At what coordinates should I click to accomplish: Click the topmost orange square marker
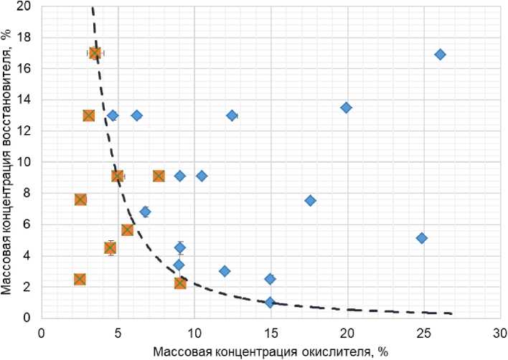pyautogui.click(x=95, y=54)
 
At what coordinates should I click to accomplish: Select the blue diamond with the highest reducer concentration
pyautogui.click(x=440, y=55)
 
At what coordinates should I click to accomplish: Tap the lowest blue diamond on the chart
pyautogui.click(x=270, y=303)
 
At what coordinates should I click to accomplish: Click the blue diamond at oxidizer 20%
pyautogui.click(x=346, y=108)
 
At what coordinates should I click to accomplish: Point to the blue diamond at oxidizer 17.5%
pyautogui.click(x=310, y=201)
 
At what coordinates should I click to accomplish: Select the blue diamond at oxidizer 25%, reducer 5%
pyautogui.click(x=422, y=238)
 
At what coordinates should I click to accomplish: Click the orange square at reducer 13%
pyautogui.click(x=89, y=115)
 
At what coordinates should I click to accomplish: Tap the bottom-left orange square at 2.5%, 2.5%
pyautogui.click(x=80, y=279)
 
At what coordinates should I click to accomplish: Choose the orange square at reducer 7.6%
pyautogui.click(x=80, y=199)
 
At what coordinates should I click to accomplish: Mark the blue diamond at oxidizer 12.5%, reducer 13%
pyautogui.click(x=232, y=115)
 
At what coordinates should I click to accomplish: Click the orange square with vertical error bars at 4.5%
pyautogui.click(x=110, y=247)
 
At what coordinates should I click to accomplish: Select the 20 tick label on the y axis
pyautogui.click(x=25, y=6)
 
